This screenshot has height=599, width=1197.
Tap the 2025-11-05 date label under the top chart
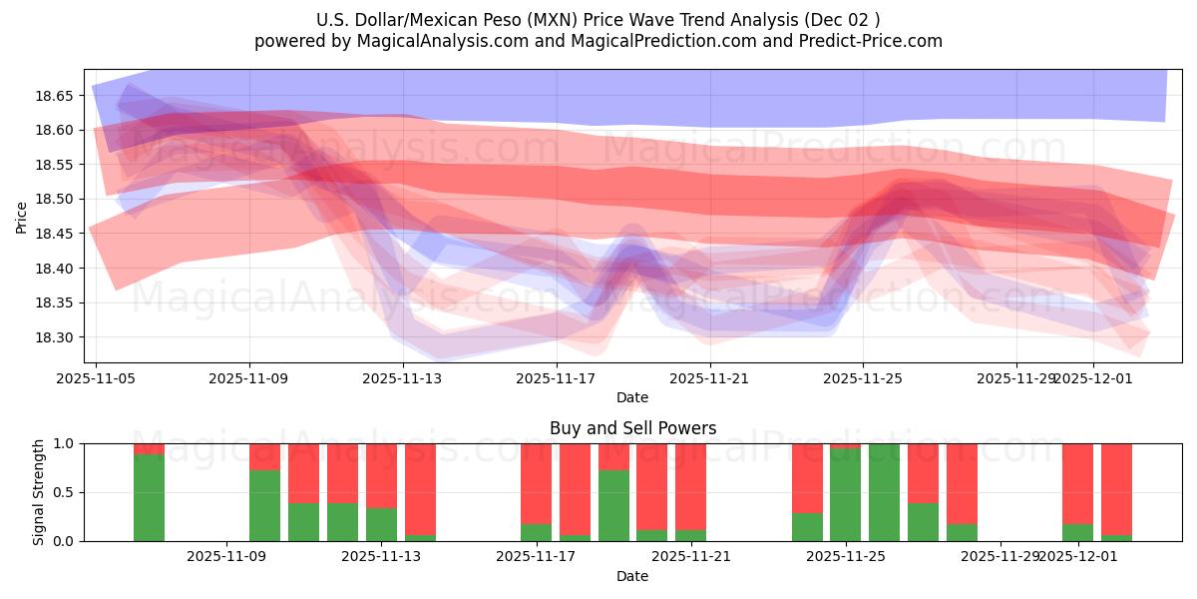tap(96, 378)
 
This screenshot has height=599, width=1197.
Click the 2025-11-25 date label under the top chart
tap(863, 378)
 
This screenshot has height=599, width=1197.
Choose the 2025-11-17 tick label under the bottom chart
tap(536, 556)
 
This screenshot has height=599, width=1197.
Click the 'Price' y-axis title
tap(22, 216)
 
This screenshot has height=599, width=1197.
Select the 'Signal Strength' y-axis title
tap(40, 492)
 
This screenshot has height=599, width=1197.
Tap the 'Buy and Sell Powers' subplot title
tap(632, 428)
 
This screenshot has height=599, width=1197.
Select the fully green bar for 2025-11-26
tap(884, 492)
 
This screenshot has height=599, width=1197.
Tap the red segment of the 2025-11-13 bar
tap(381, 475)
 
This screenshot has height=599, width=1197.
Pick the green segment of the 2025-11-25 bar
tap(845, 495)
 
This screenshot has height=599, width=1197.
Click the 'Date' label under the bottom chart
tap(632, 576)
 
